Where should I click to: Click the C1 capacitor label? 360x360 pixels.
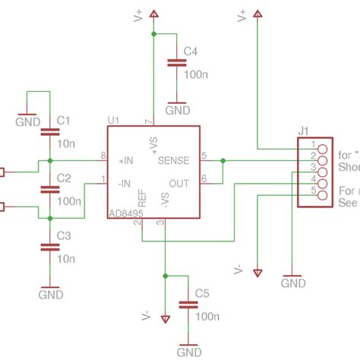64,120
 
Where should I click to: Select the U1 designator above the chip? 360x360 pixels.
114,120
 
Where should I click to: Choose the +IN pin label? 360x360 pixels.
126,161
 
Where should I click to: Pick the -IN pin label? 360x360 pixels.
125,183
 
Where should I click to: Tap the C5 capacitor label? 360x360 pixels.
201,292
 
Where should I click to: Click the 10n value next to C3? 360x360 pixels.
65,259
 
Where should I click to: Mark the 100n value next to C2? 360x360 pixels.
68,201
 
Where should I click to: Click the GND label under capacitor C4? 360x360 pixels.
178,110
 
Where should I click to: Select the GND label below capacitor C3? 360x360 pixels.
50,294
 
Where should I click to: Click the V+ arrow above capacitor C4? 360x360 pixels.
154,14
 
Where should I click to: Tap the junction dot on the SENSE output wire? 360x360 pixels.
223,161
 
